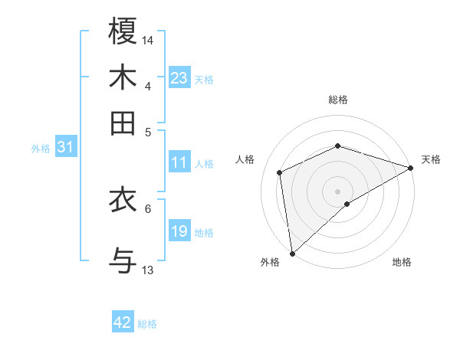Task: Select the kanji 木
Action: (123, 77)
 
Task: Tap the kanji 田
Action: (123, 123)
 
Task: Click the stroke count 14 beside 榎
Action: (148, 39)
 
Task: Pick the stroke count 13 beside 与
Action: (148, 270)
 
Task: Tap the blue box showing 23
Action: (179, 78)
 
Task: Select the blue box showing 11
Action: (179, 162)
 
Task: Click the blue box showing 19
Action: (179, 231)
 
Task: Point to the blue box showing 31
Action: (65, 147)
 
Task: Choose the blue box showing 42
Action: (123, 322)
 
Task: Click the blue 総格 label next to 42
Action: (147, 324)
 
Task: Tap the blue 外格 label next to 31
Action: (41, 149)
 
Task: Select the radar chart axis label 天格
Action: (431, 159)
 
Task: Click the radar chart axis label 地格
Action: (402, 262)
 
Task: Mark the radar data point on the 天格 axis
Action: (411, 168)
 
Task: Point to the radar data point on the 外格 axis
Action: (292, 254)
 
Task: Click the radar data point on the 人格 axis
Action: (280, 172)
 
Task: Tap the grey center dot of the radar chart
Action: (338, 191)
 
